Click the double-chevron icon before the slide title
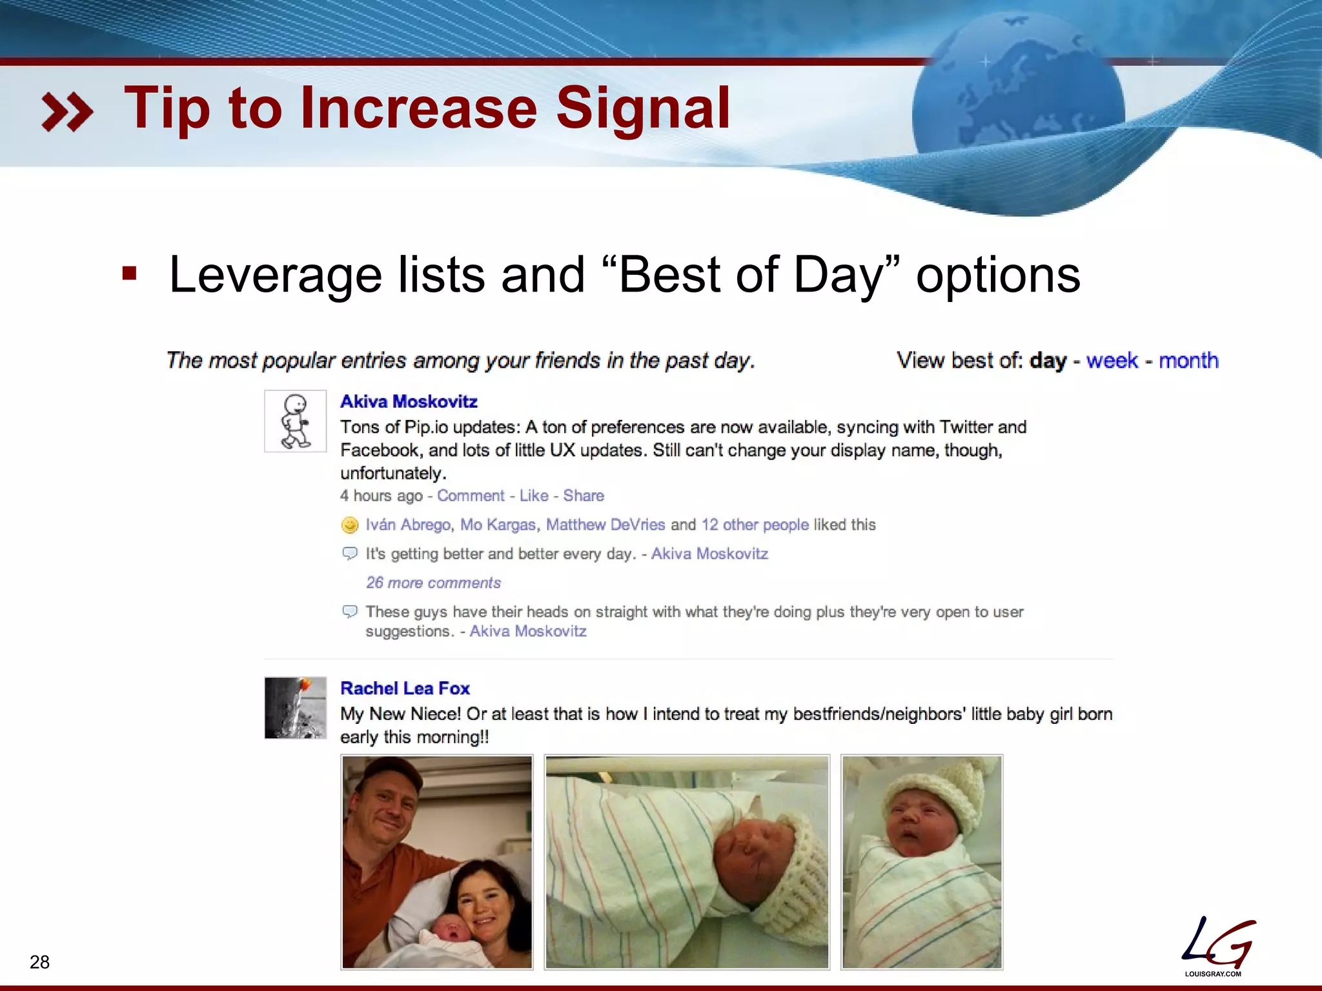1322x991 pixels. tap(67, 112)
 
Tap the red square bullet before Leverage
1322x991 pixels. tap(130, 274)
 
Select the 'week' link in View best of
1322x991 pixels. tap(1112, 360)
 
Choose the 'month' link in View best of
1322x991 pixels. tap(1188, 360)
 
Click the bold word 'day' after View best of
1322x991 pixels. tap(1048, 360)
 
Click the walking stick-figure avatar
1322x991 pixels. tap(296, 421)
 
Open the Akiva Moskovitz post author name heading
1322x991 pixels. tap(409, 401)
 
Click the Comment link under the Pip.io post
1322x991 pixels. tap(471, 495)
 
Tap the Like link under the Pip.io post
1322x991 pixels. tap(534, 495)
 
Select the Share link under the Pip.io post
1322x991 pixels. tap(584, 495)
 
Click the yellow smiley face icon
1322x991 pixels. tap(349, 525)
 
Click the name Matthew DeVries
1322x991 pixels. tap(605, 525)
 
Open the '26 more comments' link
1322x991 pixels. tap(433, 583)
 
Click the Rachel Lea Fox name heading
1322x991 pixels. tap(405, 688)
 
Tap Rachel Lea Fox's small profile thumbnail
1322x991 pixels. tap(296, 708)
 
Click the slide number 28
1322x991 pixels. tap(39, 962)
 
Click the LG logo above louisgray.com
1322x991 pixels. tap(1217, 943)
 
